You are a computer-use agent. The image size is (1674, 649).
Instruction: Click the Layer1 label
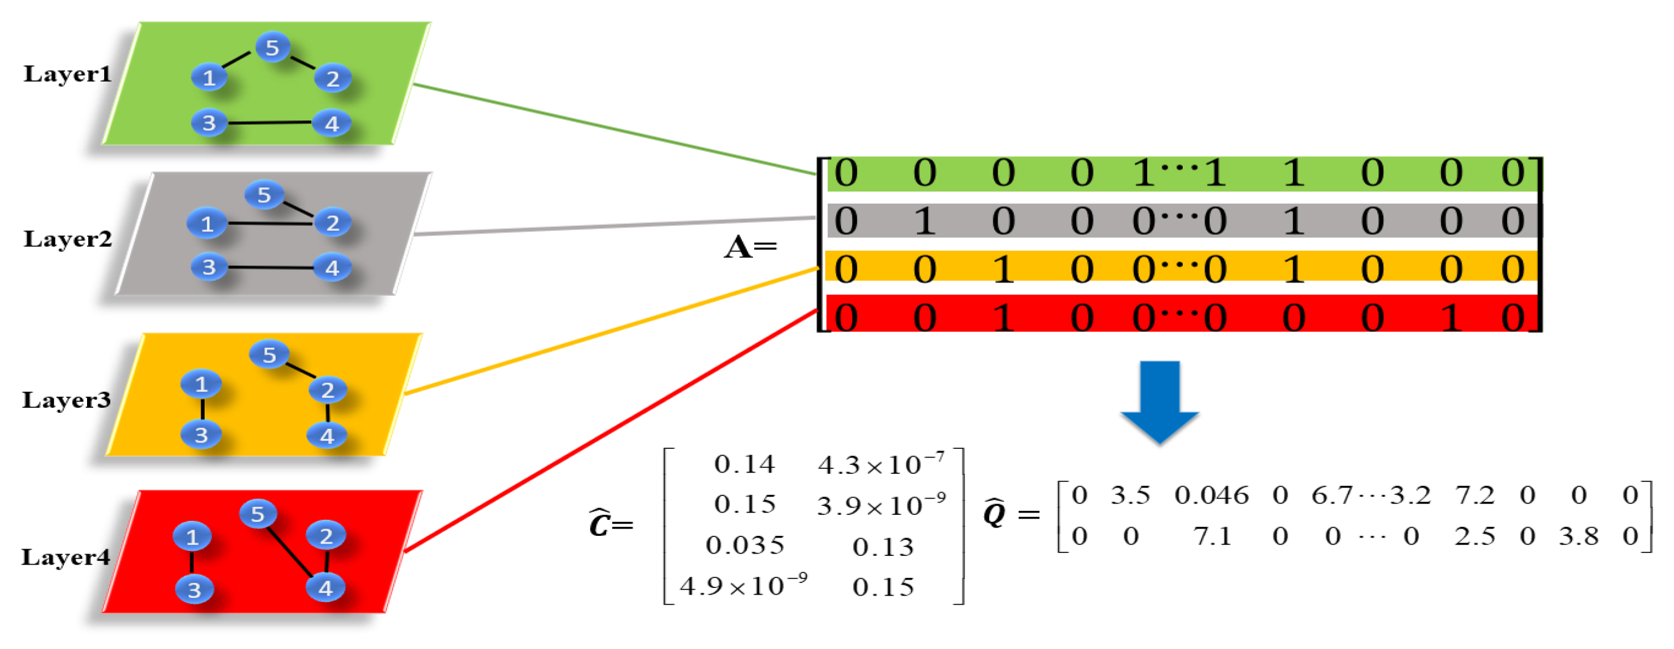point(68,74)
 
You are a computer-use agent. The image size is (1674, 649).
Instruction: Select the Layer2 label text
point(68,239)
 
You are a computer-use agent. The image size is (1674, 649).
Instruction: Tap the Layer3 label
point(67,400)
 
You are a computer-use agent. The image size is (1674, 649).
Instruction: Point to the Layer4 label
point(65,557)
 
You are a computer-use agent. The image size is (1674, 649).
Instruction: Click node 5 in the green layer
point(272,48)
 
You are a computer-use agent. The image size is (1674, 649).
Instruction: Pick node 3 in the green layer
point(209,123)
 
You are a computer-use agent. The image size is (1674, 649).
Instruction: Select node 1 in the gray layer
point(207,224)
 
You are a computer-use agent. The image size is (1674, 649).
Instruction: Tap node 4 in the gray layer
point(332,267)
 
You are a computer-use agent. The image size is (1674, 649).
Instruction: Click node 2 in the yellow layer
point(328,390)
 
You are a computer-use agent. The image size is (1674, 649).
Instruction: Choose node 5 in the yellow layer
point(269,355)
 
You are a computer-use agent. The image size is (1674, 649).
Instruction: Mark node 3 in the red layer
point(194,590)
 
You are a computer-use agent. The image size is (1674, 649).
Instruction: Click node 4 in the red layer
point(325,589)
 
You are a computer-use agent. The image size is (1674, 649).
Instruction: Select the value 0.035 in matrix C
point(745,545)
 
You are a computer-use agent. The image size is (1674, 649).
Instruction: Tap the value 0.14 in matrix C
point(745,464)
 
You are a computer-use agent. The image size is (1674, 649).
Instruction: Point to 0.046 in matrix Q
point(1212,495)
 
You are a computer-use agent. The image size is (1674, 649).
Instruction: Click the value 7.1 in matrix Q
point(1213,536)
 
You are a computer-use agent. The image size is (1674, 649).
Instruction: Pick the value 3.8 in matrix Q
point(1579,536)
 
